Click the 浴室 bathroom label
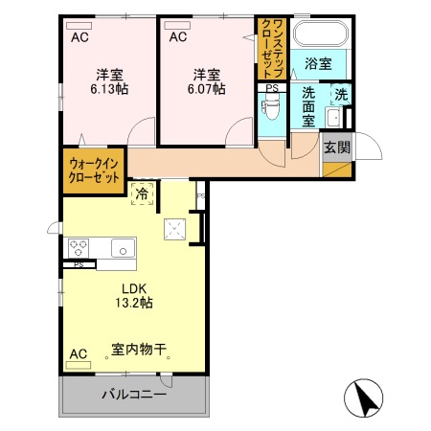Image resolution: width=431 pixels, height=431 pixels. click(318, 64)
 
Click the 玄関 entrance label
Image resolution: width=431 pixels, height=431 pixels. click(336, 147)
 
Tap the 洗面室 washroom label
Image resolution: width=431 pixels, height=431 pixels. click(309, 107)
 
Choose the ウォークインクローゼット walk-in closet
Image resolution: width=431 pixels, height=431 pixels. click(94, 170)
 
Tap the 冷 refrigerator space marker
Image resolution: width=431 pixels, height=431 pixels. click(142, 194)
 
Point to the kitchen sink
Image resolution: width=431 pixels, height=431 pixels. click(123, 249)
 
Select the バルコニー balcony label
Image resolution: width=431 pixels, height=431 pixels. click(134, 395)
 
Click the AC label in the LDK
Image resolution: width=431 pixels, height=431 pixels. click(79, 354)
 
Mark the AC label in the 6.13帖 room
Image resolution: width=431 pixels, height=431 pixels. click(80, 37)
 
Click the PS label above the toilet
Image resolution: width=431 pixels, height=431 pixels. click(272, 89)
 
